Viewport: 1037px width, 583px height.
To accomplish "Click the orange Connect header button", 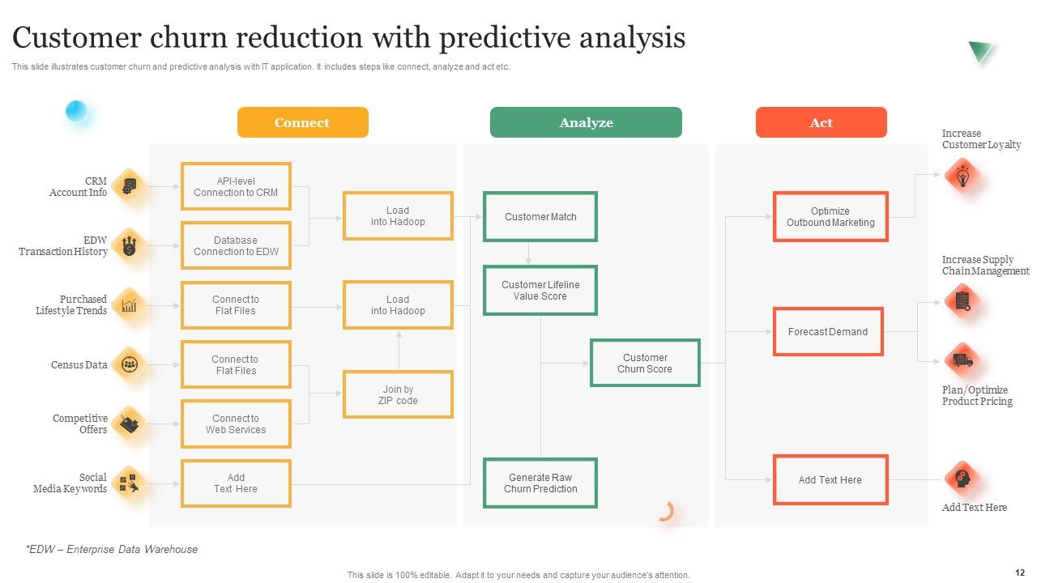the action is coord(303,122).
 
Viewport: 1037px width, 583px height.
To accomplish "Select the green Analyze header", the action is coord(586,122).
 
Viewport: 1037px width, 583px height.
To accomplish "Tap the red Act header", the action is coord(821,122).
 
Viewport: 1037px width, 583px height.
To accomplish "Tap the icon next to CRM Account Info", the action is coord(129,186).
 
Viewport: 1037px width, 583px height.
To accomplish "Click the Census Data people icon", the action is coord(130,364).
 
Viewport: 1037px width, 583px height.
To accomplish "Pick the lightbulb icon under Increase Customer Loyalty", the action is coord(963,177).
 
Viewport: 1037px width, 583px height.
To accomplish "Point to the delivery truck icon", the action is coord(963,360).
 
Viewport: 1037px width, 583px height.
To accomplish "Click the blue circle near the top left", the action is coord(76,111).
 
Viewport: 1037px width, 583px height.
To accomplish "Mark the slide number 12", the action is coord(1020,572).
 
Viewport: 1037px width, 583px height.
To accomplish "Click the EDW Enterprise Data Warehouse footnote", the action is coord(112,549).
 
